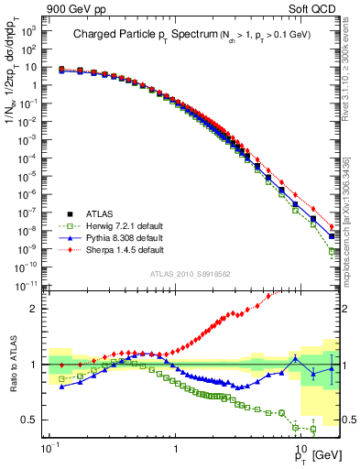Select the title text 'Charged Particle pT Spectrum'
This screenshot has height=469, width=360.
pyautogui.click(x=137, y=35)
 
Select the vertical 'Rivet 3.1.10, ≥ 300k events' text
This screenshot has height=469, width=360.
pyautogui.click(x=353, y=73)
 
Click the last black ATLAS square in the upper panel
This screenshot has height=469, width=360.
pyautogui.click(x=332, y=236)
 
